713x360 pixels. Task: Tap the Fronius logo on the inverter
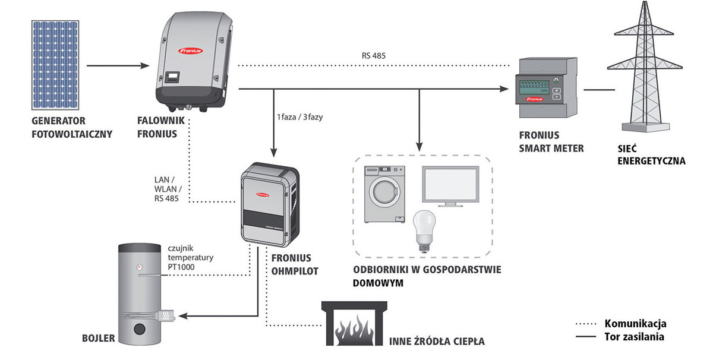(x=191, y=52)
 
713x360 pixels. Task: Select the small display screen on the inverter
(x=173, y=77)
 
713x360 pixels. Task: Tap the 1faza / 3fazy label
(x=307, y=115)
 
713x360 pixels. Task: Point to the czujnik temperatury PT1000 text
(x=189, y=258)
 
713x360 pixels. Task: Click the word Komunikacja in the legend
(x=635, y=324)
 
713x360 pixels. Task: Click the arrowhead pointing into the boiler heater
(x=182, y=315)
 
